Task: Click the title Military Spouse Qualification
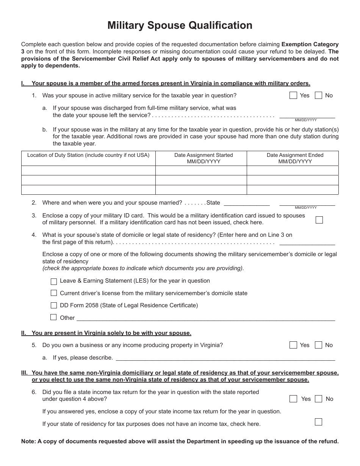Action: pyautogui.click(x=180, y=25)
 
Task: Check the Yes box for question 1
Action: pyautogui.click(x=293, y=95)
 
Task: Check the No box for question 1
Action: pyautogui.click(x=319, y=95)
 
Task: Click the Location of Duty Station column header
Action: pyautogui.click(x=88, y=155)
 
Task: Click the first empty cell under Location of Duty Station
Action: pyautogui.click(x=88, y=170)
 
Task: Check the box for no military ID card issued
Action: pyautogui.click(x=319, y=220)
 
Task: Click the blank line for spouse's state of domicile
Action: pyautogui.click(x=307, y=242)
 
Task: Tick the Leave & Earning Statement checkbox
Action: pyautogui.click(x=53, y=281)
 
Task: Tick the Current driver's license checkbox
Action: pyautogui.click(x=53, y=293)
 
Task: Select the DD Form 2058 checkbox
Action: pyautogui.click(x=53, y=305)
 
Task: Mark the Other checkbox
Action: pyautogui.click(x=53, y=317)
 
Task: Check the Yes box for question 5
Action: pyautogui.click(x=293, y=345)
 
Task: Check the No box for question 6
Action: pyautogui.click(x=319, y=399)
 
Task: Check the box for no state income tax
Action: pyautogui.click(x=319, y=422)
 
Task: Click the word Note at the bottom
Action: pyautogui.click(x=28, y=441)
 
